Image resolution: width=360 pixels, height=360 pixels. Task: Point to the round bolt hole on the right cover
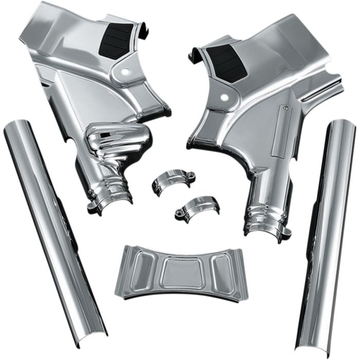[225, 96]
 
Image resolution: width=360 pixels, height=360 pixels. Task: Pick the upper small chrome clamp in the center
[171, 184]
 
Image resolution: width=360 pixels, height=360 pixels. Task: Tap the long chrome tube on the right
[324, 231]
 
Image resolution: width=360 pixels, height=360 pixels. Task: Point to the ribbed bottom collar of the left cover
[110, 197]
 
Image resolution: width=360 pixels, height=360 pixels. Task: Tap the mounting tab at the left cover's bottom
[93, 208]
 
